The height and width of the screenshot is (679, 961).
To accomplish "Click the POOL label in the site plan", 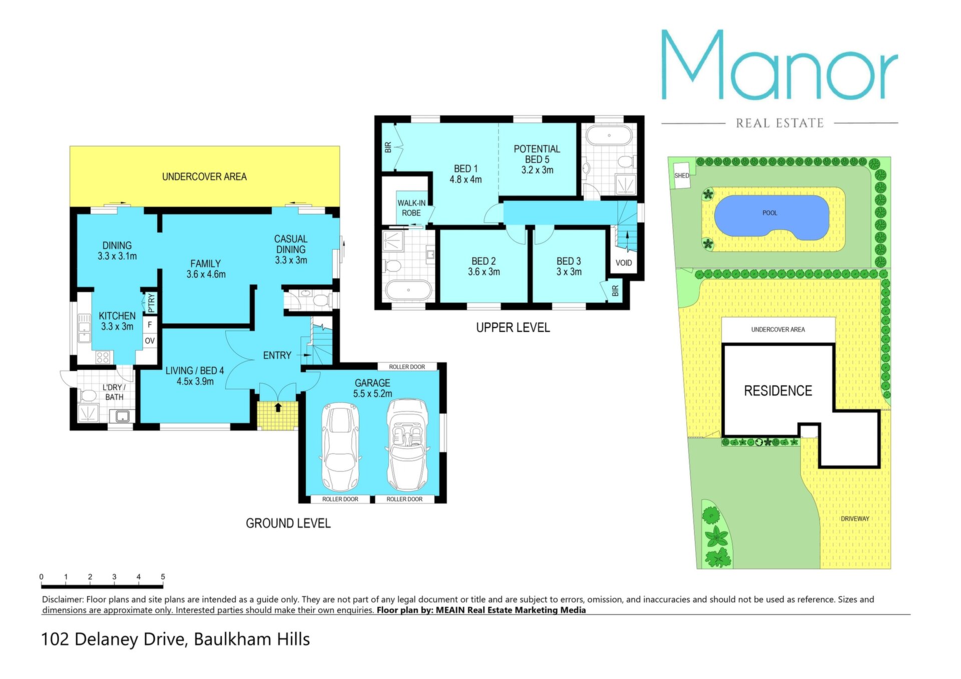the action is coord(769,213).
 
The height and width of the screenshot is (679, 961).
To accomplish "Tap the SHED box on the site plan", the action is coord(681,176).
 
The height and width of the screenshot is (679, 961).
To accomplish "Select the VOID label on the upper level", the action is coord(624,263).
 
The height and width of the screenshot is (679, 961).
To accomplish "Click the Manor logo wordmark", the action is coord(779,65).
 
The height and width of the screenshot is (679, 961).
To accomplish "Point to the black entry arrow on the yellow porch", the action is coord(278,407).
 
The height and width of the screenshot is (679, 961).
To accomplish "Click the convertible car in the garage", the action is coord(407,445).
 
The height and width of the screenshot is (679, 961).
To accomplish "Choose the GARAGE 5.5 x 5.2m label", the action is coord(372,388).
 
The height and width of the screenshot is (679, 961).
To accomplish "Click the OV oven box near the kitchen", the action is coord(150,341).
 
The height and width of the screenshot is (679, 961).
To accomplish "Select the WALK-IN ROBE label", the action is coord(411,208).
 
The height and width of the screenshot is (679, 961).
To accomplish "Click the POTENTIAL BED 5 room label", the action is coord(537,159).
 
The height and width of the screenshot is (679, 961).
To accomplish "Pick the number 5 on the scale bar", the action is coord(163,577).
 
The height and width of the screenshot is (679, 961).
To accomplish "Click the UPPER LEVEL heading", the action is coord(513,328).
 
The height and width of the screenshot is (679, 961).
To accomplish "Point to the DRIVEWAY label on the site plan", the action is coord(855,519).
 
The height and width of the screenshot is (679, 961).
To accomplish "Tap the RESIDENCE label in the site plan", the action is coord(778,391).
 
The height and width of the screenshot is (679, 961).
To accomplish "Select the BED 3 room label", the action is coord(569,266).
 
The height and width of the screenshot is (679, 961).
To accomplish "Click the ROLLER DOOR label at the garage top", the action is coord(407,367).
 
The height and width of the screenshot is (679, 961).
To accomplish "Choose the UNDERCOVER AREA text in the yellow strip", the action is coord(204,177).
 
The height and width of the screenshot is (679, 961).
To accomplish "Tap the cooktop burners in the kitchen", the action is coord(103,357).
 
